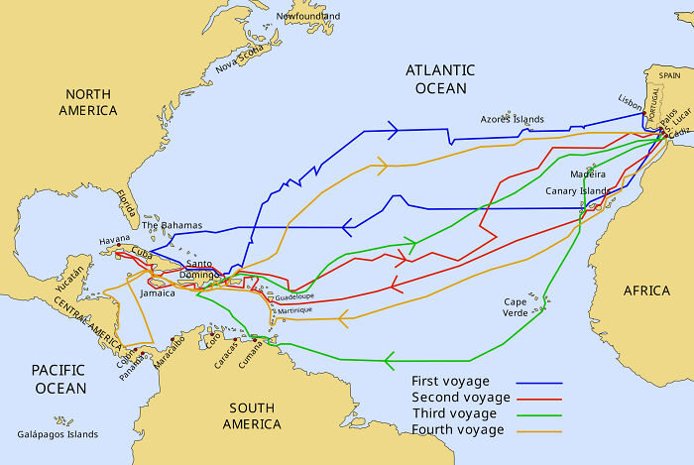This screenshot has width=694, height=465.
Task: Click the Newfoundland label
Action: click(308, 17)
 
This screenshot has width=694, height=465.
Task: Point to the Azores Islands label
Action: click(512, 119)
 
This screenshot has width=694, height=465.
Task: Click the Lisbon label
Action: click(630, 99)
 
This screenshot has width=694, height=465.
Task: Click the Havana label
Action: click(115, 241)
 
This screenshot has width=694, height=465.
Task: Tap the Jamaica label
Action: click(158, 293)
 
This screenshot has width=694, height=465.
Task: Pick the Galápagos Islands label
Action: click(58, 434)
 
